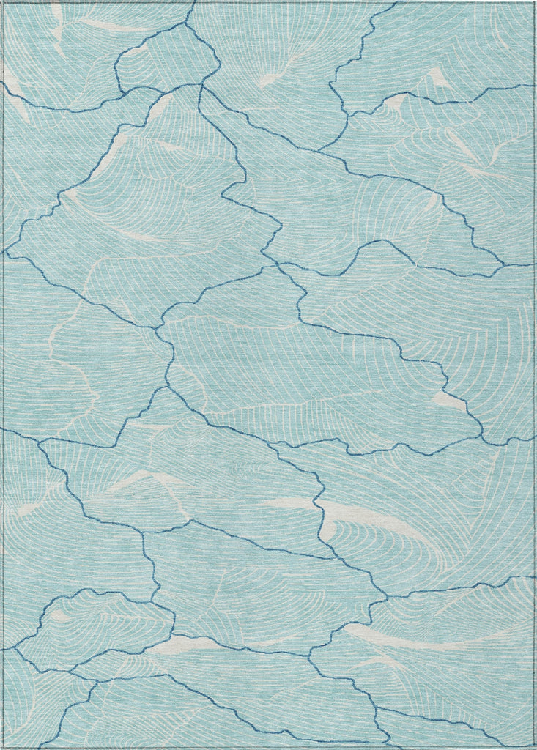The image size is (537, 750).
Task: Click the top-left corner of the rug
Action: [x=2, y=2]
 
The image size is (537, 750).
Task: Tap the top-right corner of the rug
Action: [x=535, y=2]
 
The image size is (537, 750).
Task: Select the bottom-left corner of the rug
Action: [x=2, y=747]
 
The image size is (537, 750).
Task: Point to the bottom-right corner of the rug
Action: [x=535, y=747]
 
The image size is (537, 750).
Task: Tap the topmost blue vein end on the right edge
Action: [x=534, y=85]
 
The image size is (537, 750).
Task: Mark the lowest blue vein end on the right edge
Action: [x=534, y=578]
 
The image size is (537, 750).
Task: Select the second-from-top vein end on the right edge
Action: [x=534, y=264]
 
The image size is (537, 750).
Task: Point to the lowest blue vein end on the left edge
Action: [x=3, y=649]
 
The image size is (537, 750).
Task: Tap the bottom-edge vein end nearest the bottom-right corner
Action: [x=389, y=746]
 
